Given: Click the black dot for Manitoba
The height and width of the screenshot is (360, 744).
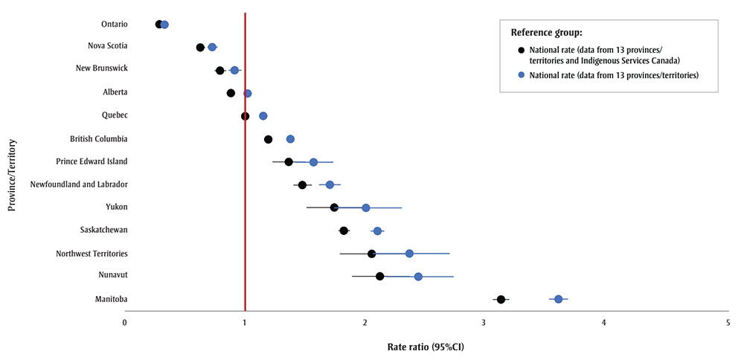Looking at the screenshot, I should click(501, 299).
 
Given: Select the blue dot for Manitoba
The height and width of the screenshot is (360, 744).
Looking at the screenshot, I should click(558, 299).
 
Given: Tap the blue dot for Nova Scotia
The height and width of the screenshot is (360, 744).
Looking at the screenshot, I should click(212, 47).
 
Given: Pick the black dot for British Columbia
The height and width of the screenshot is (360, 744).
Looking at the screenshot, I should click(268, 139).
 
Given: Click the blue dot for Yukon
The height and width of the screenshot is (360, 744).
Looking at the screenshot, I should click(365, 208).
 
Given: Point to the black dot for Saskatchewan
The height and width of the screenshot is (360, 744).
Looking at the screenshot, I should click(344, 231).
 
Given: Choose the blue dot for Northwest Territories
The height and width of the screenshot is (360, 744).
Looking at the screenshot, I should click(409, 254).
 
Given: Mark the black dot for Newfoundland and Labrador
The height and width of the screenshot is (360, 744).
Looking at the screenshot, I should click(302, 184).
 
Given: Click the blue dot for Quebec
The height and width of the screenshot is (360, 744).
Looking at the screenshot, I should click(263, 116).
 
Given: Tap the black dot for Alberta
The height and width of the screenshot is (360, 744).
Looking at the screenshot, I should click(231, 93).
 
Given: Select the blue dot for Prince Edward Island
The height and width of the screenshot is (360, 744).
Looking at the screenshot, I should click(313, 162).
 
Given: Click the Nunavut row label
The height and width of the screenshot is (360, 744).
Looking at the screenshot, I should click(113, 275).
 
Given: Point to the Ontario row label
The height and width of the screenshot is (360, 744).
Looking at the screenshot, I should click(115, 24).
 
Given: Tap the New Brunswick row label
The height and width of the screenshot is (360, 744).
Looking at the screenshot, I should click(102, 68).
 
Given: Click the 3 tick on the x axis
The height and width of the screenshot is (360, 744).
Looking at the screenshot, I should click(484, 323).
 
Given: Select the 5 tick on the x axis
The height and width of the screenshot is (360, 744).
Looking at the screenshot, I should click(727, 323).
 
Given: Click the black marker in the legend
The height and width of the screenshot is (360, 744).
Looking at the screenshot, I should click(521, 50).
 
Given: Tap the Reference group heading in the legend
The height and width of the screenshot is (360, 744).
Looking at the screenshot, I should click(546, 33).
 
